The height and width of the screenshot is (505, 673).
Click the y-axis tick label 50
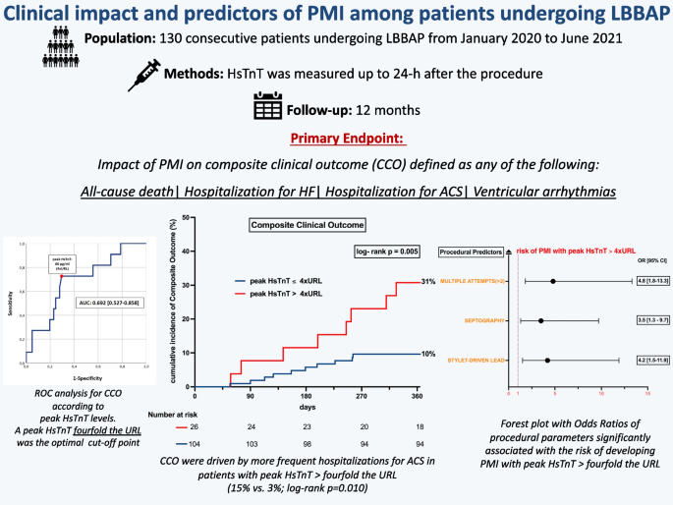pyautogui.click(x=187, y=216)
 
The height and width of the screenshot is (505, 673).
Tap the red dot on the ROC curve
pyautogui.click(x=62, y=276)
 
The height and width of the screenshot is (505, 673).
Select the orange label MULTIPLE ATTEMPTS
pyautogui.click(x=472, y=282)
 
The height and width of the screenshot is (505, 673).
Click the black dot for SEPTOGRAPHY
pyautogui.click(x=540, y=320)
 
